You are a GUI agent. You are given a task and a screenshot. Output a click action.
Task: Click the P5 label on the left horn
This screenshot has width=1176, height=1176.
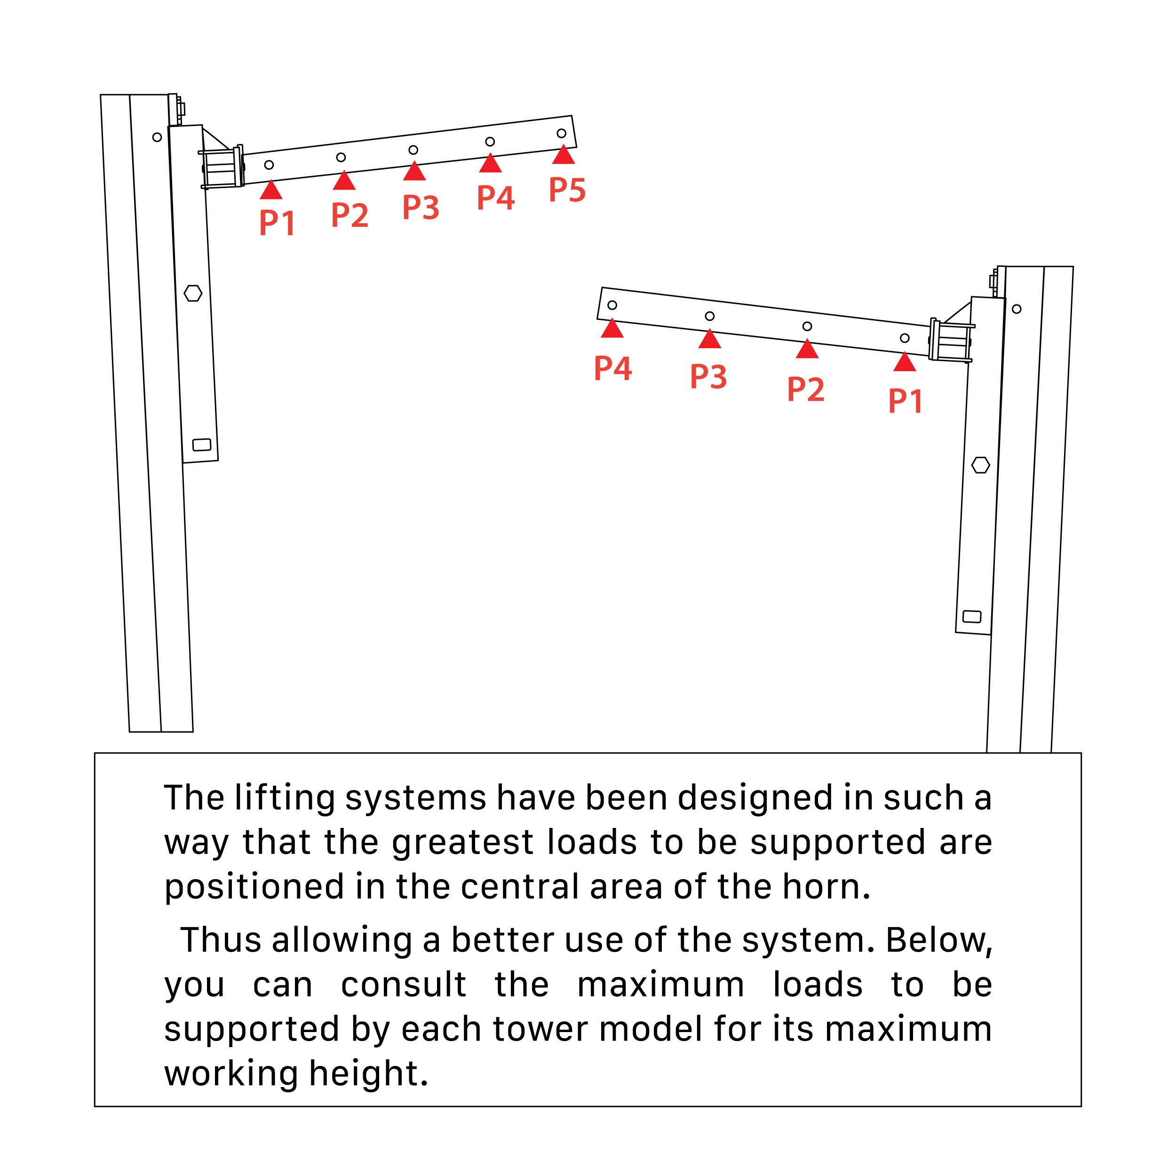click(x=567, y=190)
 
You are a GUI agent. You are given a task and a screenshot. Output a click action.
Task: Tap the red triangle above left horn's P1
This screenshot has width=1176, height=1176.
click(x=271, y=191)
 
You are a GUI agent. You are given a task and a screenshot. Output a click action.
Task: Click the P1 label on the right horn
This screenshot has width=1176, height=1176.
click(x=906, y=401)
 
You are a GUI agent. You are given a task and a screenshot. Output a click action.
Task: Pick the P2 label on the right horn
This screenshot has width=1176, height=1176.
click(x=805, y=389)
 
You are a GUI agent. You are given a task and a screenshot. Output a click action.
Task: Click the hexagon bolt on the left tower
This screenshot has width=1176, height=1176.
click(x=193, y=294)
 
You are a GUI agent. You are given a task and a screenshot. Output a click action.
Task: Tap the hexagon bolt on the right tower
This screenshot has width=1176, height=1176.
click(x=980, y=466)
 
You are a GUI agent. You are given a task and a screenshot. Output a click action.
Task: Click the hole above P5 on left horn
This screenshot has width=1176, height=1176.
click(x=561, y=133)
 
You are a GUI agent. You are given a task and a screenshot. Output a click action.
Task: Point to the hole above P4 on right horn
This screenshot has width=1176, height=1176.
click(x=612, y=305)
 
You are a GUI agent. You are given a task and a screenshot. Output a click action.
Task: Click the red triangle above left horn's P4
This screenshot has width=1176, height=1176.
click(x=490, y=164)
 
